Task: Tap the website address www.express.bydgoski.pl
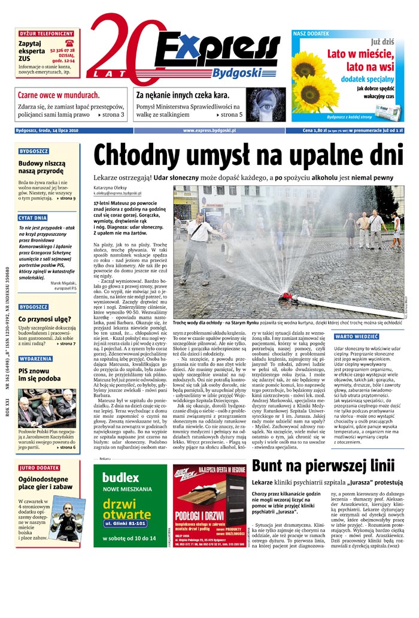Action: click(x=209, y=130)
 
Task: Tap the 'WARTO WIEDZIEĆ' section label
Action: click(x=356, y=337)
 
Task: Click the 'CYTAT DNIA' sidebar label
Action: click(x=33, y=218)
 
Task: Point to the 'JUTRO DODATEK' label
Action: click(x=40, y=468)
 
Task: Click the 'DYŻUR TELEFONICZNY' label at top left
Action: click(x=47, y=34)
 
